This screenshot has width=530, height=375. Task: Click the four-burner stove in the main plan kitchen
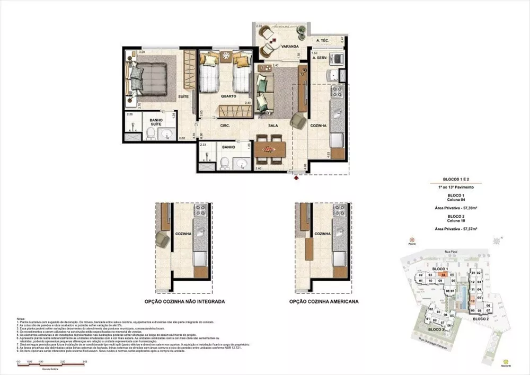(338, 94)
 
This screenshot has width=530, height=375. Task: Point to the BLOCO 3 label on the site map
(437, 330)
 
